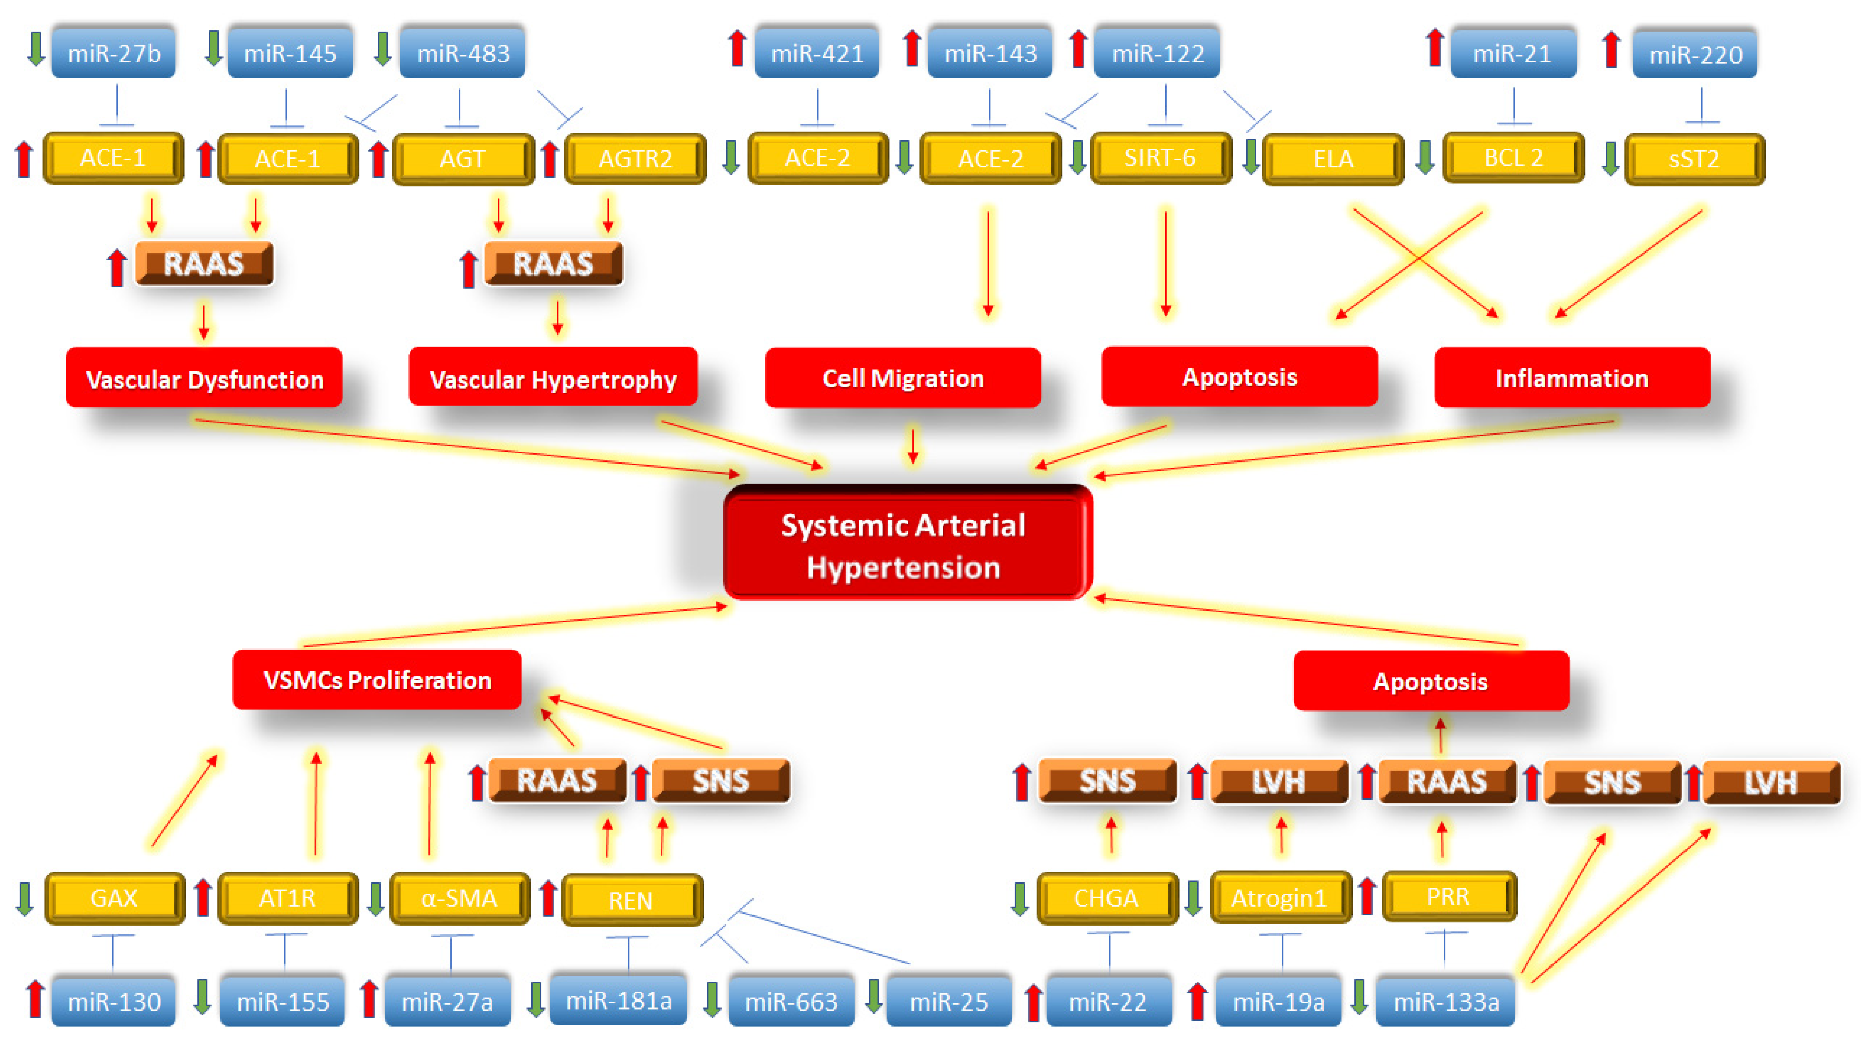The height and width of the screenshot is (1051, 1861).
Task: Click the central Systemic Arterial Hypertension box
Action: coord(907,543)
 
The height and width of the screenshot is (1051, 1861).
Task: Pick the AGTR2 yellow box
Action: coord(635,158)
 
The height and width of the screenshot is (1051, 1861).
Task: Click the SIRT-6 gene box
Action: coord(1160,157)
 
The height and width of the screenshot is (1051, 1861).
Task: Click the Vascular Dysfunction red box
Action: coord(204,379)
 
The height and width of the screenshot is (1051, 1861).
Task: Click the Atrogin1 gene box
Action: coord(1279,898)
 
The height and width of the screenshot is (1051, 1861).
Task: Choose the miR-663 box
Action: coord(791,1002)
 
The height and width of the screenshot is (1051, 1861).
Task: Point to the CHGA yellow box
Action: coord(1106,898)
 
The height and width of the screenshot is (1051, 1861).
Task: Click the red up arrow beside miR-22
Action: coord(1033,1002)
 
